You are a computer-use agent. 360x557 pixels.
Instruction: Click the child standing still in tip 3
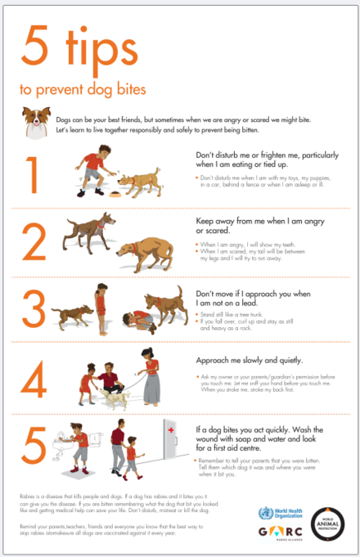[x=101, y=304]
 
